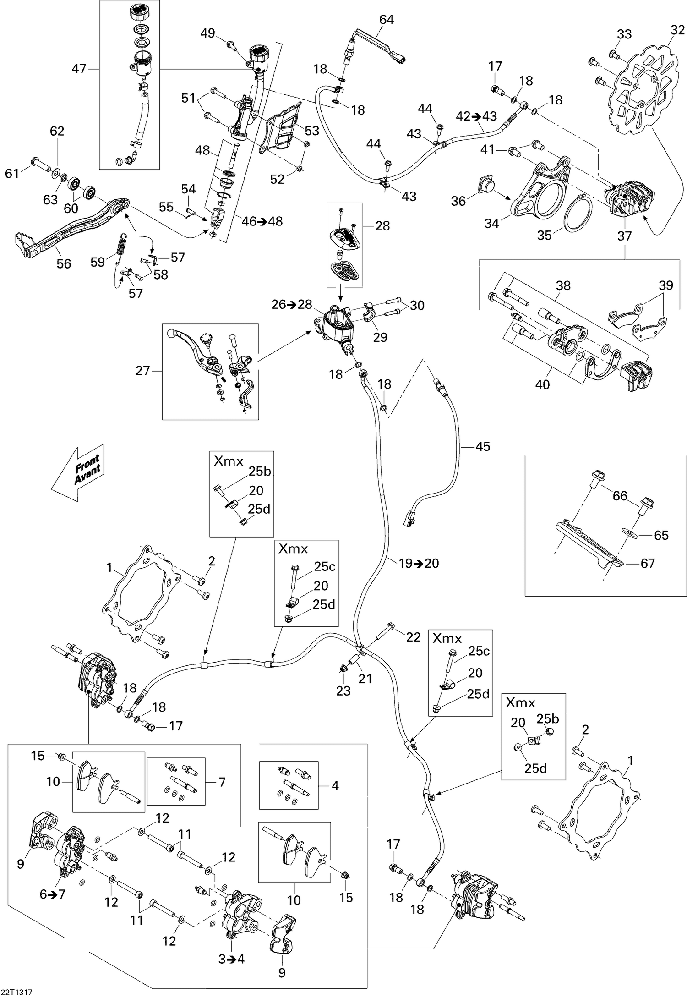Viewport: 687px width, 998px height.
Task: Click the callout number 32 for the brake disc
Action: tap(678, 30)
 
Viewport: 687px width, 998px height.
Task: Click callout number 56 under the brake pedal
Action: tap(64, 264)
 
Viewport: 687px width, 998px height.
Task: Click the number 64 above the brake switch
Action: tap(387, 19)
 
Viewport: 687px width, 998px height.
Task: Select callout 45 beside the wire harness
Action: tap(483, 446)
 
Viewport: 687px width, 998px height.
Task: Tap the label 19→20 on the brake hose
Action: tap(418, 564)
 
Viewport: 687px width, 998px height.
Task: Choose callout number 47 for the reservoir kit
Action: tap(79, 69)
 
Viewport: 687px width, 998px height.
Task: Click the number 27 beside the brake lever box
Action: tap(143, 370)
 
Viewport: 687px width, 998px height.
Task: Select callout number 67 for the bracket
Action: tap(647, 564)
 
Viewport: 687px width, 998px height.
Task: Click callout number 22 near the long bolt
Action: tap(413, 637)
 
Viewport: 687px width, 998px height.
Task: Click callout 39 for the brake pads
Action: tap(666, 285)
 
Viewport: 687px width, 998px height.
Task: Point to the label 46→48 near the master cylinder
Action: tap(262, 221)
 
